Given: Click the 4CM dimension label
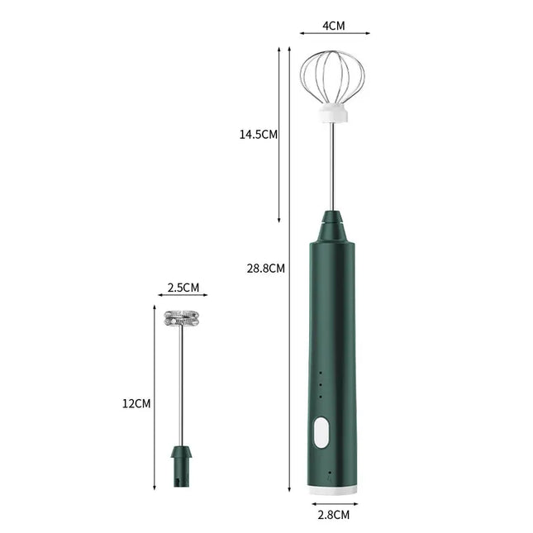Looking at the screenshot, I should click(x=333, y=26).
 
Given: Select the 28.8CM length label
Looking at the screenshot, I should click(x=266, y=268).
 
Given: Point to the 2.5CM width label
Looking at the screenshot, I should click(x=183, y=288).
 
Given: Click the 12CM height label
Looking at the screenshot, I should click(x=137, y=403).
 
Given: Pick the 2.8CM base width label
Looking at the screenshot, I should click(x=334, y=515).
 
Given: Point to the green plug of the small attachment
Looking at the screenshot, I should click(x=182, y=464).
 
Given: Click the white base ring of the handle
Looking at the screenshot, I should click(x=334, y=491).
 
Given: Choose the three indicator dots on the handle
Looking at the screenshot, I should click(x=319, y=383).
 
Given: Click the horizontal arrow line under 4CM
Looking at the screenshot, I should click(x=334, y=34).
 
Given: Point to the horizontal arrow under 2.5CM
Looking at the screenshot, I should click(x=183, y=295).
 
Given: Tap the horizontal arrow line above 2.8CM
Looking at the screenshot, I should click(x=334, y=502).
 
